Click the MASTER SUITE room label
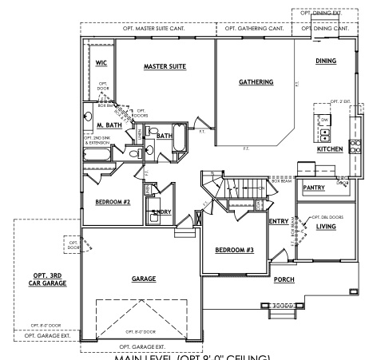tap(165, 66)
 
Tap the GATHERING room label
tap(256, 81)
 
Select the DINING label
tap(326, 61)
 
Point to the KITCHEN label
tap(331, 149)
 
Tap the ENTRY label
tap(279, 221)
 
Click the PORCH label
tap(284, 280)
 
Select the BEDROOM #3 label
tap(234, 250)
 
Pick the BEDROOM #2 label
tap(113, 201)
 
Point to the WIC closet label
tap(101, 61)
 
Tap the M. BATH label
tap(109, 125)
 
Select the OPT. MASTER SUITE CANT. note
tap(149, 29)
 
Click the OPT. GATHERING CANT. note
tap(254, 29)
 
